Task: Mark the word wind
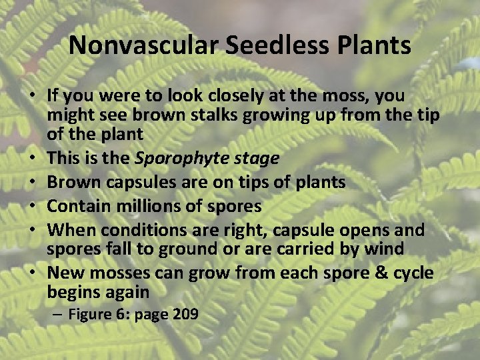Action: tap(386, 249)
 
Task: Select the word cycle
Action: tap(409, 273)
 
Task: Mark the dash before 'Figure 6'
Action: tap(57, 315)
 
